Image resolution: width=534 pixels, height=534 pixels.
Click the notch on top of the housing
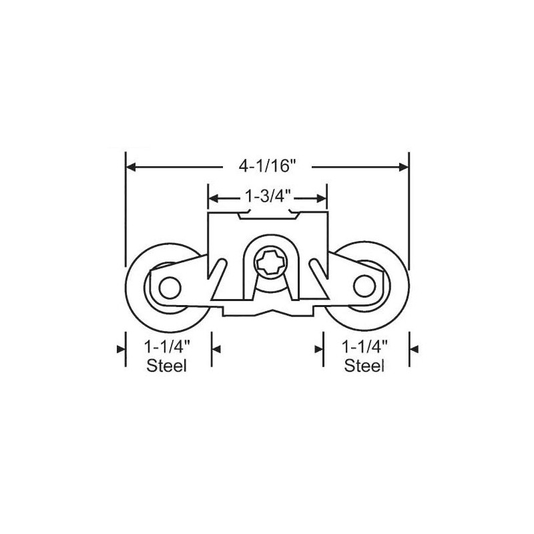267,216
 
